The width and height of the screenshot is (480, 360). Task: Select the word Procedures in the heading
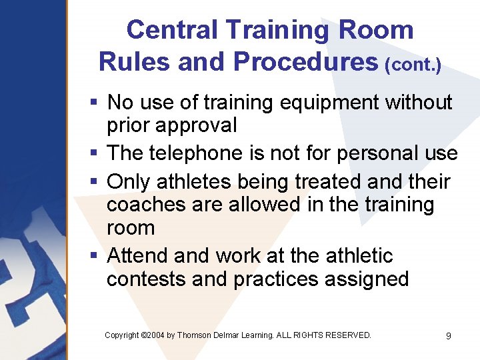pos(305,61)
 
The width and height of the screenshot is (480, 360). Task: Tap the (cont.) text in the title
pos(413,65)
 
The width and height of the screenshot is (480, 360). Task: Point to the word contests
pos(146,279)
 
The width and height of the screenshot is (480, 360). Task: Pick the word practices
pos(275,279)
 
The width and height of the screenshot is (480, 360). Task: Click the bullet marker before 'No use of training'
pos(95,103)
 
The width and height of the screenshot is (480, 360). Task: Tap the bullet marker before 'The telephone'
pos(95,154)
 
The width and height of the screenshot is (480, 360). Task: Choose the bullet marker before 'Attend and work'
pos(95,257)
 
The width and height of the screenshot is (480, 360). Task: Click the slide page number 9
pos(448,336)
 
